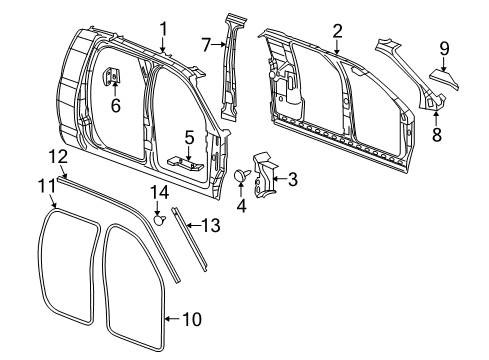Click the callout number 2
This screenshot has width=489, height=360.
pos(337,30)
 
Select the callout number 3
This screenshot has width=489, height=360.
pos(292,181)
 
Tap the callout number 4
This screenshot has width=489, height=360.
pos(240,207)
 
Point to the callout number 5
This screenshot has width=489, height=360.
pos(188,136)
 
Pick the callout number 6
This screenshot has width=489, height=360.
pos(114,104)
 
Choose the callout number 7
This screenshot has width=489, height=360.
pos(206,44)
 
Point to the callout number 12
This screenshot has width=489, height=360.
pos(59,156)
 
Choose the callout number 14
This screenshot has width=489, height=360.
pos(160,191)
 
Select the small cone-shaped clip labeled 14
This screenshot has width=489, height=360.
pos(160,212)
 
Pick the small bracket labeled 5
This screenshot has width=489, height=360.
pos(185,159)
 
